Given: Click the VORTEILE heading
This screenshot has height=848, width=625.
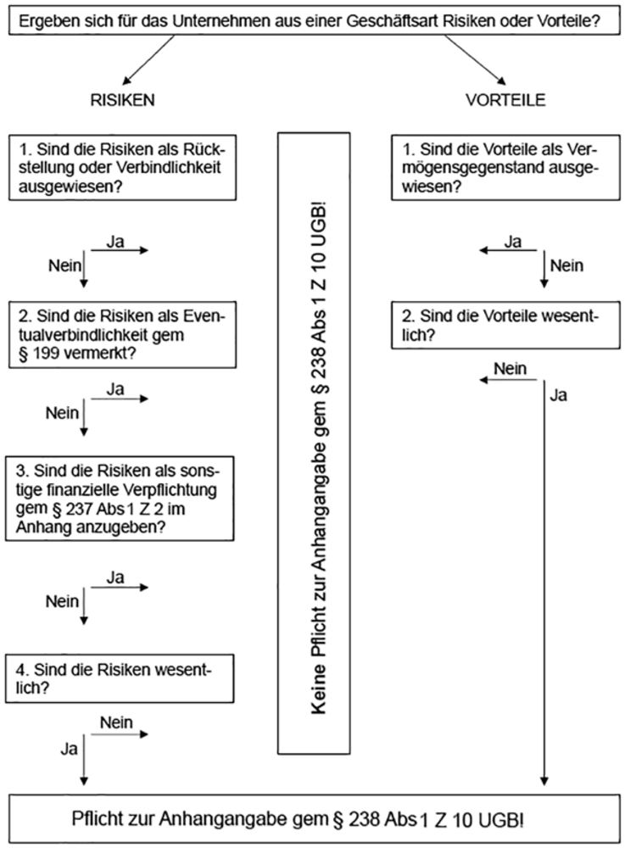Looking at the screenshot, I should click(505, 99).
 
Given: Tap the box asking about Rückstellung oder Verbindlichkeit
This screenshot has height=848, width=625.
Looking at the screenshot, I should click(122, 168).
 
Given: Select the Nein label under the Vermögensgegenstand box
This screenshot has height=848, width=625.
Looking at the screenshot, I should click(566, 266).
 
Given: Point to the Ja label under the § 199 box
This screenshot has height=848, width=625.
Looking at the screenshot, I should click(117, 388).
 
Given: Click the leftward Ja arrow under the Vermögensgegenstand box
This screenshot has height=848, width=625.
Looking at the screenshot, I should click(509, 251).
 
